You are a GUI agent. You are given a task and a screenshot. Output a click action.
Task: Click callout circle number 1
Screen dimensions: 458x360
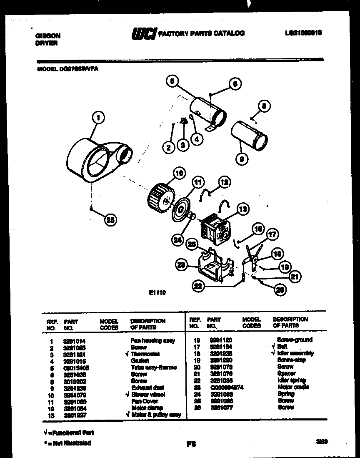(98, 118)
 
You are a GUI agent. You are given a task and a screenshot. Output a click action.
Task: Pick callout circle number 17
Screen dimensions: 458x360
(272, 234)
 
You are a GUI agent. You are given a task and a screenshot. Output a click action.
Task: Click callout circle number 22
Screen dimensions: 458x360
(199, 286)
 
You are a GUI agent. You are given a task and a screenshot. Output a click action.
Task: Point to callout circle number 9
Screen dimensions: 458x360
(241, 158)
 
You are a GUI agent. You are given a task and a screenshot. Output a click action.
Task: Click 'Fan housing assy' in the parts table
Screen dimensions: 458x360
(152, 340)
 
